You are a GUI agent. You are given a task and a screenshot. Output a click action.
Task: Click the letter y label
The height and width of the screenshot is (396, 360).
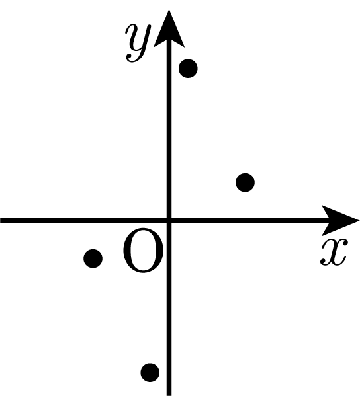pyautogui.click(x=138, y=43)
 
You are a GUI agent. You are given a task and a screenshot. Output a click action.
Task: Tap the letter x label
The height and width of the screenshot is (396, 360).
pyautogui.click(x=334, y=253)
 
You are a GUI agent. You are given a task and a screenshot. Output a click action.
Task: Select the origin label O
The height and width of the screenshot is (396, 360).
pyautogui.click(x=143, y=251)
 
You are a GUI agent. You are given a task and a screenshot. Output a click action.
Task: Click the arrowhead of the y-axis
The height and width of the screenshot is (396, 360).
pyautogui.click(x=169, y=28)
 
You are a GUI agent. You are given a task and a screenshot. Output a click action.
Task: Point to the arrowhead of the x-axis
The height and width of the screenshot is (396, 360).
pyautogui.click(x=340, y=220)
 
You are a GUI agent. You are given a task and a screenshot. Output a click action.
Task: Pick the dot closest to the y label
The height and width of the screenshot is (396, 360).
pyautogui.click(x=188, y=69)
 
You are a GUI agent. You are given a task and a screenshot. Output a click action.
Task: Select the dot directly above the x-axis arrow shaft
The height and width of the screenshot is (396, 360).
pyautogui.click(x=245, y=182)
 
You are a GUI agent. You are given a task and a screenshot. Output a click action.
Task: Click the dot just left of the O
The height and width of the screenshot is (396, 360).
pyautogui.click(x=93, y=258)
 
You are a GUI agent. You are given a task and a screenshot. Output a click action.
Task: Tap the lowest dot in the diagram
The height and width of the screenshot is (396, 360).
pyautogui.click(x=150, y=372)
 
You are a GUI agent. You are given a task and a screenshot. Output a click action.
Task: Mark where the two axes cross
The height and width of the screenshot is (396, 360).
pyautogui.click(x=169, y=220)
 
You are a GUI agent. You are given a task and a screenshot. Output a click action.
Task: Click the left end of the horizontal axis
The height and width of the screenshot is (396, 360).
pyautogui.click(x=1, y=220)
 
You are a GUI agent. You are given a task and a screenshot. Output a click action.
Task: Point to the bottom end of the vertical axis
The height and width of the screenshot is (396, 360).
pyautogui.click(x=169, y=395)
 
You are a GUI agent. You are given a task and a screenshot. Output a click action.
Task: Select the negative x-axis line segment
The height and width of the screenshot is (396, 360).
pyautogui.click(x=85, y=220)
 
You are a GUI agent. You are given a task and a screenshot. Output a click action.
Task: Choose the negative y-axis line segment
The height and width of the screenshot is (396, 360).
pyautogui.click(x=169, y=308)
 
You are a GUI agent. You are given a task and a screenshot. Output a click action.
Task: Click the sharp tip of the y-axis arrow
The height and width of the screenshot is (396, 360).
pyautogui.click(x=169, y=10)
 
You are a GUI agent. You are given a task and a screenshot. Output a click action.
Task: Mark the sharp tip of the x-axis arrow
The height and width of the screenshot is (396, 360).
pyautogui.click(x=359, y=220)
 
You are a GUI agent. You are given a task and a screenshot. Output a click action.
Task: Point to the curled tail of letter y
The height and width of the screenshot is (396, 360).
pyautogui.click(x=131, y=59)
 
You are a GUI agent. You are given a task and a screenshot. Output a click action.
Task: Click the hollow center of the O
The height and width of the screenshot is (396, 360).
pyautogui.click(x=143, y=251)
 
